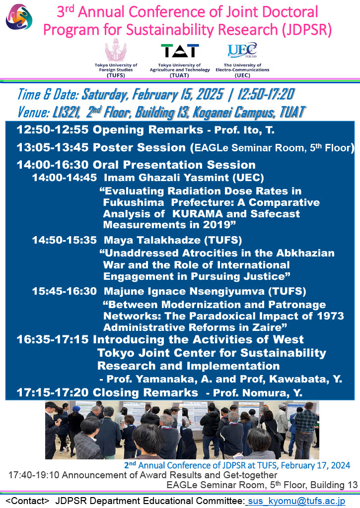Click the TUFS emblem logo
[116, 50]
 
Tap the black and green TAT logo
[180, 51]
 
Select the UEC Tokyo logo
[242, 51]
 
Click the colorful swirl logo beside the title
[19, 16]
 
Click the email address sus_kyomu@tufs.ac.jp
[296, 501]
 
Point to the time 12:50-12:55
[52, 129]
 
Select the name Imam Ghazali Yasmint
[166, 178]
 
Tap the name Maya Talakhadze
[152, 240]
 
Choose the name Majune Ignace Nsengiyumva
[184, 291]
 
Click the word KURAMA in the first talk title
[198, 214]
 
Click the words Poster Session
[139, 147]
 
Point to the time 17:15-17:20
[52, 393]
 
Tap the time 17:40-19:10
[34, 475]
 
